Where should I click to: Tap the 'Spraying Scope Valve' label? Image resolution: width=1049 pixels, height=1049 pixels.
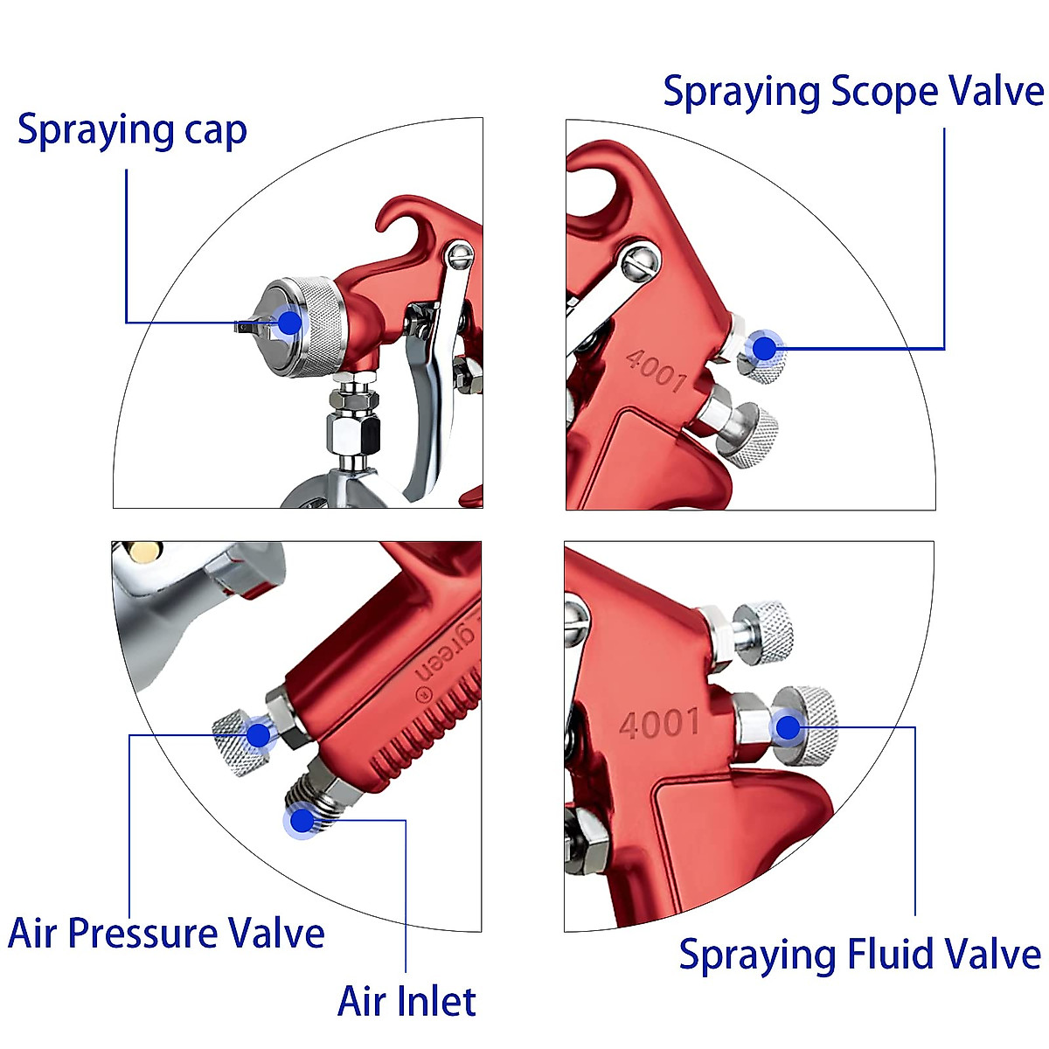tap(852, 92)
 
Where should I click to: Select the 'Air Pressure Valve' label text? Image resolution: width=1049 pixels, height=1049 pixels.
tap(166, 933)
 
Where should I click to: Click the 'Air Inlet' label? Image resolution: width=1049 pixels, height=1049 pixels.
tap(406, 1001)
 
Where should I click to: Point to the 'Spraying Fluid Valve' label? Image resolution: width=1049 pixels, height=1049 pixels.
tap(859, 954)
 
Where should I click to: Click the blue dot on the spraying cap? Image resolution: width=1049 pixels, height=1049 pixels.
tap(289, 323)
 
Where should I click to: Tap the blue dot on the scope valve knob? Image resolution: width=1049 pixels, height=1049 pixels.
tap(765, 348)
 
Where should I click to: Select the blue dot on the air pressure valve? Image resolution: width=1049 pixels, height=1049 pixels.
tap(258, 734)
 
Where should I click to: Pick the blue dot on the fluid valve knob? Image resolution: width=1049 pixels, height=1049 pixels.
tap(788, 726)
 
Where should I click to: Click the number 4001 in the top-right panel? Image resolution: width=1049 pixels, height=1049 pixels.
tap(656, 370)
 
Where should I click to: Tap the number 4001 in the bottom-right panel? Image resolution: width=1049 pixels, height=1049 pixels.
tap(659, 724)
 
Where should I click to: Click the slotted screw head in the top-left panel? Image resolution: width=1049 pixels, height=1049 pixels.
tap(460, 255)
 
